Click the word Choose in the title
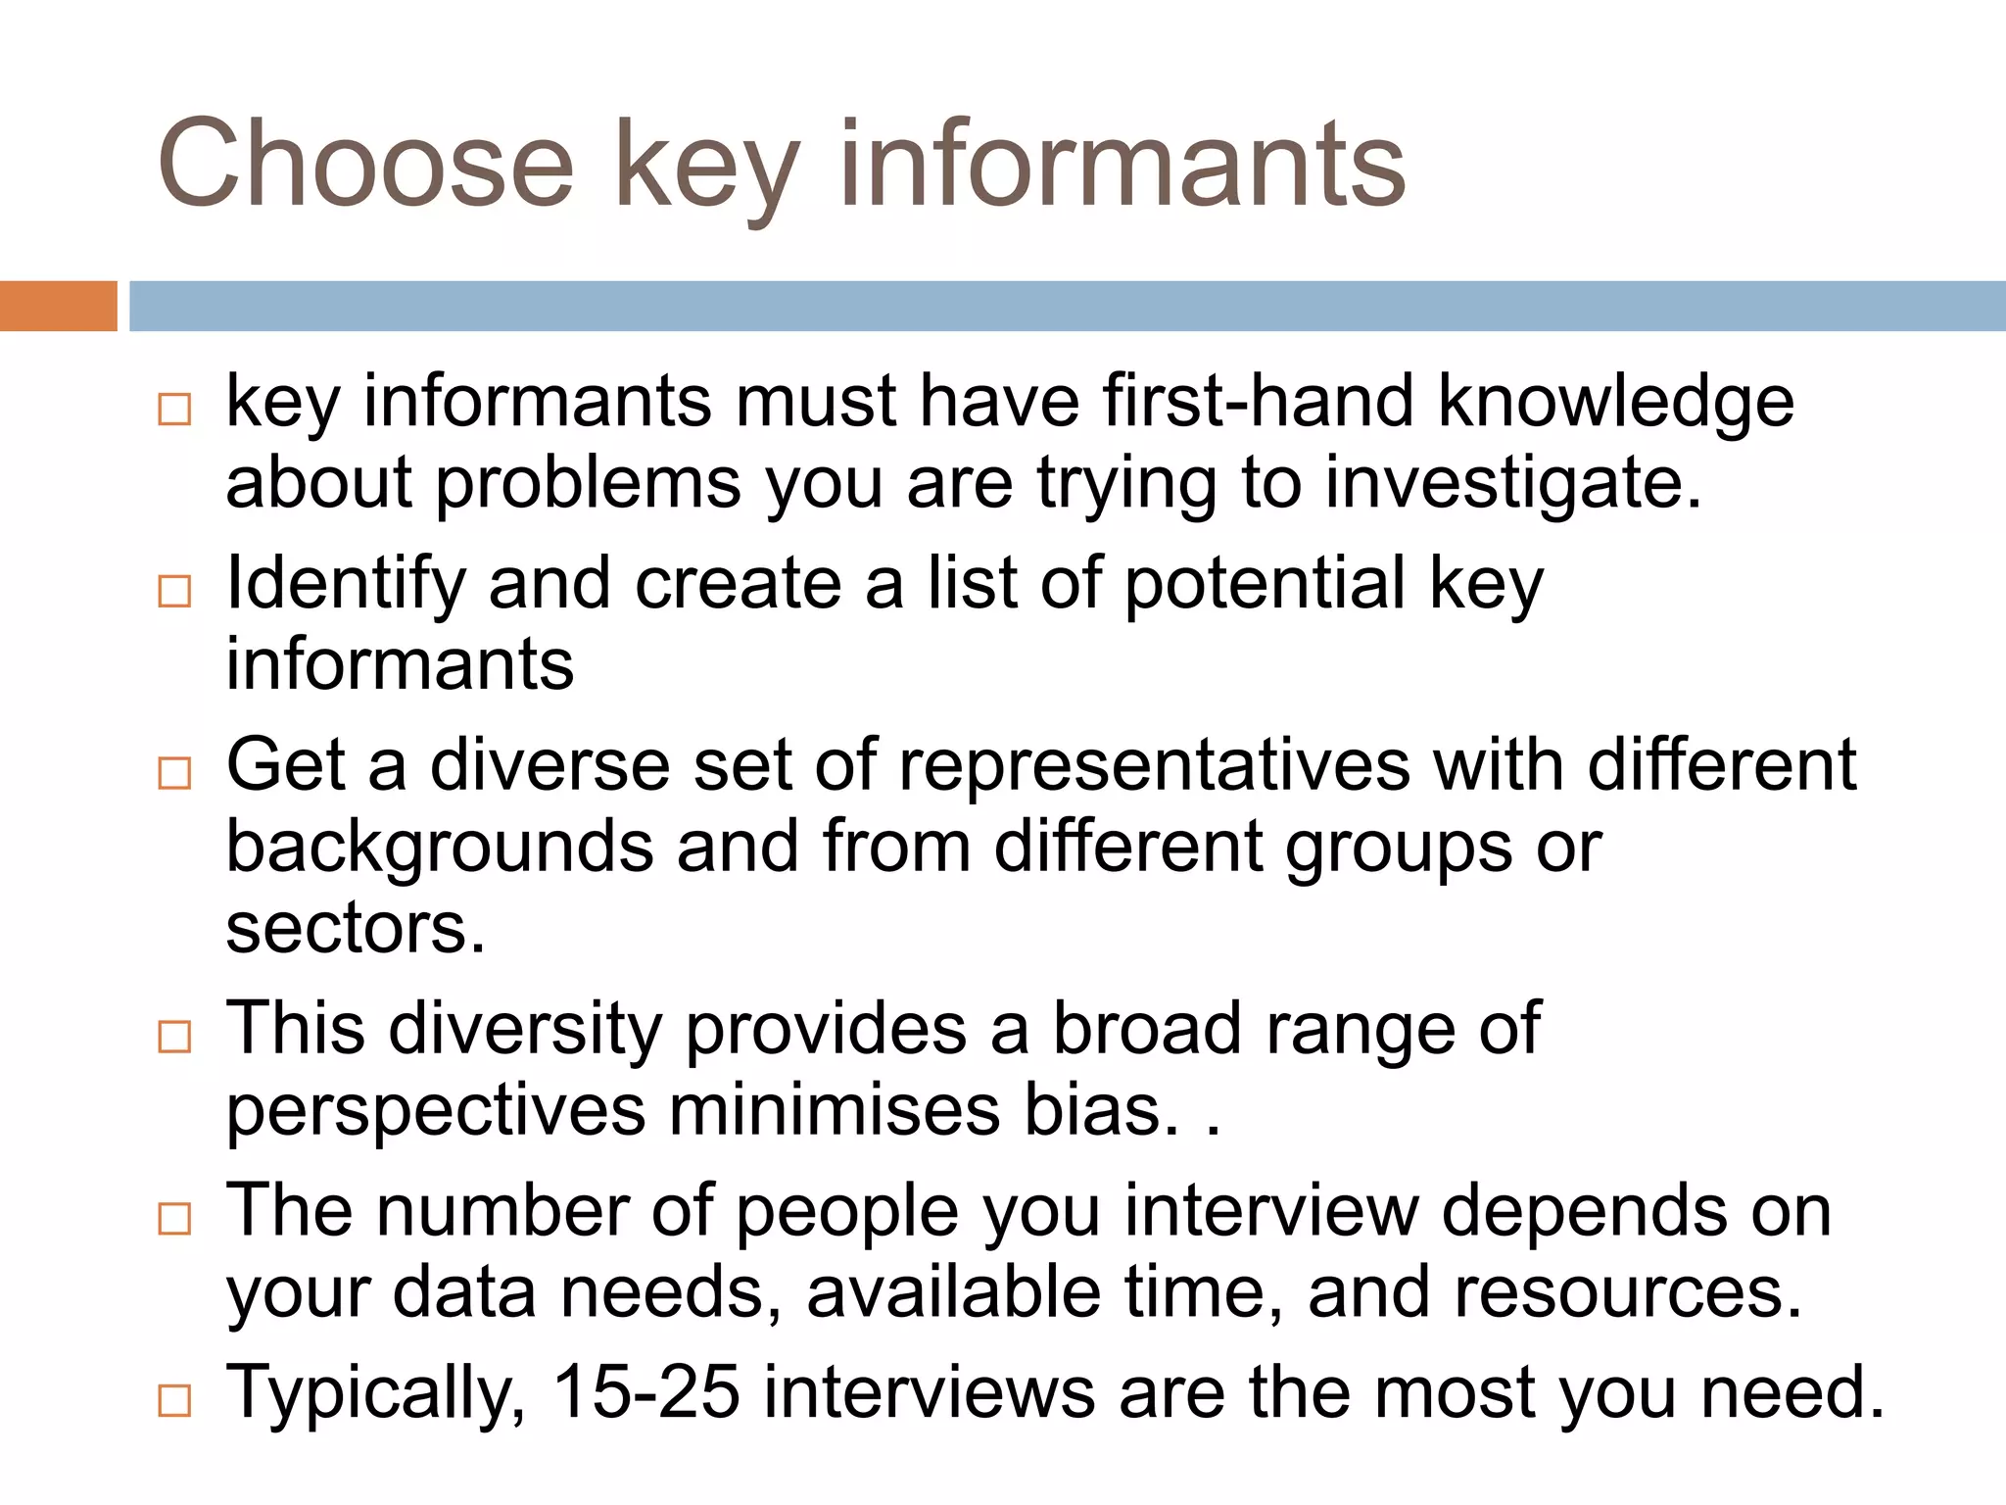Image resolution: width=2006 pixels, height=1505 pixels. tap(364, 164)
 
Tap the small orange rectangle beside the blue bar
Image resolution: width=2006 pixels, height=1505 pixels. tap(58, 306)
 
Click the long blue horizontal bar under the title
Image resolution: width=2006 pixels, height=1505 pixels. tap(1067, 306)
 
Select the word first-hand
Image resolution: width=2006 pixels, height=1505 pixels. tap(1258, 402)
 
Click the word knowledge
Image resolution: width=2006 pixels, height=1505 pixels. tap(1616, 404)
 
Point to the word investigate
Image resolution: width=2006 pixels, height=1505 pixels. tap(1512, 485)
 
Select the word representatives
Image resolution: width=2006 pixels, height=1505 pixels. tap(1155, 765)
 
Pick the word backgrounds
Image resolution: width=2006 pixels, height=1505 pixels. tap(440, 848)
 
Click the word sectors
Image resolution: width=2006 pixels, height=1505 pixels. tap(356, 928)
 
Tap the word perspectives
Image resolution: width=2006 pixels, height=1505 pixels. tap(437, 1112)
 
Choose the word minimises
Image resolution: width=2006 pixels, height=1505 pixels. tap(835, 1110)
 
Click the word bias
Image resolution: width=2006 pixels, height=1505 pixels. tap(1101, 1110)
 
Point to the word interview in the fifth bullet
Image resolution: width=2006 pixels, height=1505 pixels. tap(1271, 1211)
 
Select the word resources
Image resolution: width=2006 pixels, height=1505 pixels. tap(1627, 1292)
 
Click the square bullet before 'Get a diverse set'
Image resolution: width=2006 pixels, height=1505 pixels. tap(174, 773)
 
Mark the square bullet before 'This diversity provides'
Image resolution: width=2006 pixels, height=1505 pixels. tap(174, 1037)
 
